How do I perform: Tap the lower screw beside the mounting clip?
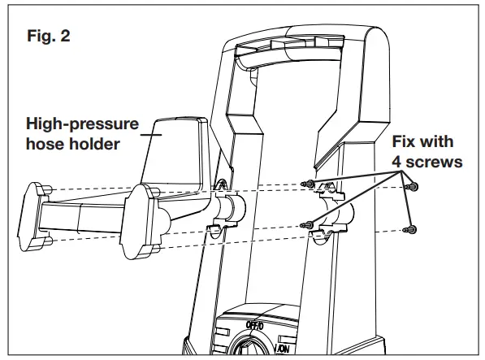coord(306,225)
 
